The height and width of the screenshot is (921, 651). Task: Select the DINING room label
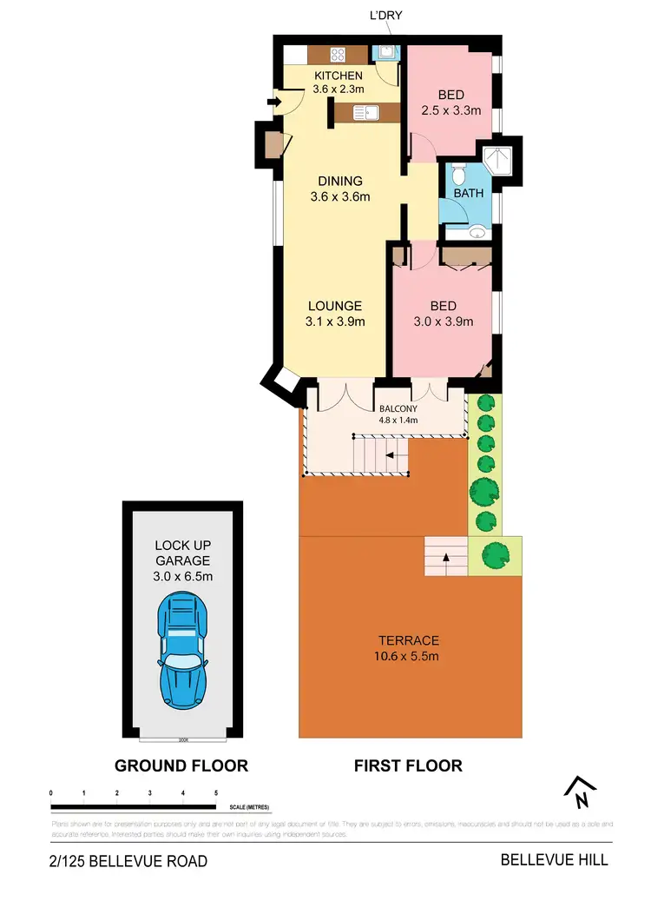pyautogui.click(x=339, y=181)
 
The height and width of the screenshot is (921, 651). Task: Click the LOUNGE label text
pyautogui.click(x=334, y=306)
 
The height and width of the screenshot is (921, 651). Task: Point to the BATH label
pyautogui.click(x=468, y=194)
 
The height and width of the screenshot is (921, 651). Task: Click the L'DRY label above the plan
pyautogui.click(x=386, y=16)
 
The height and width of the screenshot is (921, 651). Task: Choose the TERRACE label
pyautogui.click(x=401, y=639)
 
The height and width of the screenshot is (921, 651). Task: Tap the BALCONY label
pyautogui.click(x=398, y=408)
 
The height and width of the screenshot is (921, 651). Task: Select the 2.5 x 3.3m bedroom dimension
pyautogui.click(x=450, y=110)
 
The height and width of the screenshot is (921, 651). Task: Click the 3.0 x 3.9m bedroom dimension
pyautogui.click(x=443, y=321)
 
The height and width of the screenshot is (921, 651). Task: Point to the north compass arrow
pyautogui.click(x=579, y=791)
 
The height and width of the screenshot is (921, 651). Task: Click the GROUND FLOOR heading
pyautogui.click(x=181, y=765)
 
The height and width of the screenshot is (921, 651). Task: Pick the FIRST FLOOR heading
pyautogui.click(x=407, y=765)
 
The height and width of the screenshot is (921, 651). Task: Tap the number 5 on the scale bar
pyautogui.click(x=215, y=793)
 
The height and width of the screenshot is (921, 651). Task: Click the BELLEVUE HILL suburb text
pyautogui.click(x=554, y=860)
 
